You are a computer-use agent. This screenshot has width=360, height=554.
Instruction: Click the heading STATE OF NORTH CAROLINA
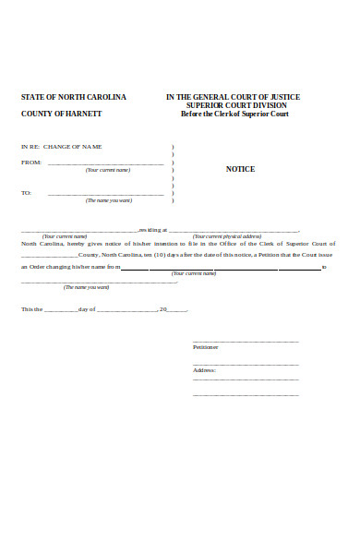tap(74, 97)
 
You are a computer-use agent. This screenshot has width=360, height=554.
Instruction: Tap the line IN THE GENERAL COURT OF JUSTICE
tap(233, 97)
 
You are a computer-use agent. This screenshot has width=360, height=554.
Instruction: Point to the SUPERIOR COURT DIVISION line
tap(233, 105)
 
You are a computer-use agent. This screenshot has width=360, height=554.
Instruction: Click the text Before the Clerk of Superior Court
tap(233, 114)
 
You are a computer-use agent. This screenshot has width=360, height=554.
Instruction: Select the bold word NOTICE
tap(240, 169)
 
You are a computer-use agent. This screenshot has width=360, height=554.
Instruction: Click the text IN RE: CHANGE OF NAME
tap(62, 148)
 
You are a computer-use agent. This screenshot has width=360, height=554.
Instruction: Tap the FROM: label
tap(31, 163)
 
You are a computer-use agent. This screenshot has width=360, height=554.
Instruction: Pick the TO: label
tap(27, 193)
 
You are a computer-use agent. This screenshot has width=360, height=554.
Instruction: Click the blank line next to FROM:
tap(105, 163)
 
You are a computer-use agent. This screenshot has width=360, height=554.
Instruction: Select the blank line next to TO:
tap(105, 194)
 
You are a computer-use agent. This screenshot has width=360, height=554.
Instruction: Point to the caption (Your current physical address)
tap(227, 236)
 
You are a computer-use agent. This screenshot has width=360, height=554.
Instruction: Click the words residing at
tap(152, 229)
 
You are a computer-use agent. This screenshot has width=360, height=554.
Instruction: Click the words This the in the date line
tap(31, 308)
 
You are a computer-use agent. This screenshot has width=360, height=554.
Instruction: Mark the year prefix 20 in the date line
tap(162, 308)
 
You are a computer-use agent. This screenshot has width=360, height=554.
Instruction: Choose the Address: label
tap(204, 369)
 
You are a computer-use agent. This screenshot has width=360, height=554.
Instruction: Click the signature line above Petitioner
tap(246, 341)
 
